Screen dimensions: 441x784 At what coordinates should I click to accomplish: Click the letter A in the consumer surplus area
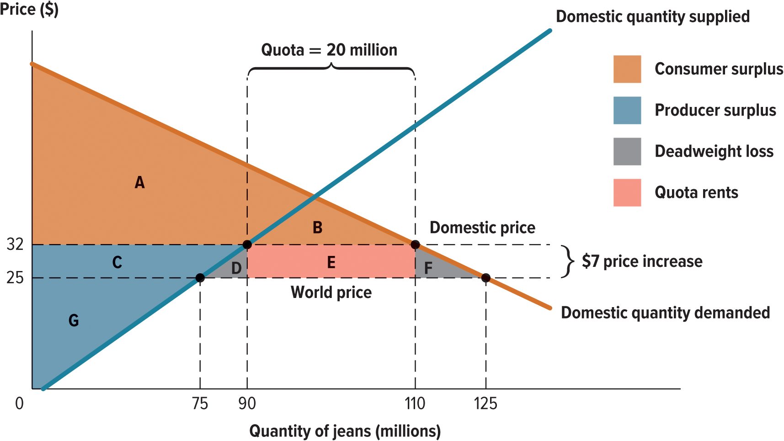point(140,183)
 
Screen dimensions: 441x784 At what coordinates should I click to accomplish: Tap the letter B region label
point(317,228)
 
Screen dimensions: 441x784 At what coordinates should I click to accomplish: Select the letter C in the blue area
point(117,262)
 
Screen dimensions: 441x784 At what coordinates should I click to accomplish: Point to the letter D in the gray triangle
point(236,268)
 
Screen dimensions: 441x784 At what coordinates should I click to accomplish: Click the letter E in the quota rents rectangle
point(331,262)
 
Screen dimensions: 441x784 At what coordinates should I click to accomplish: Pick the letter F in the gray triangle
point(428,268)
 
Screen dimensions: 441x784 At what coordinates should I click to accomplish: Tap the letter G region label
point(74,320)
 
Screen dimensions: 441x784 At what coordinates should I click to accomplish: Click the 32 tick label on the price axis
point(15,244)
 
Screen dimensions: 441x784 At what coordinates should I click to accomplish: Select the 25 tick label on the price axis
point(15,278)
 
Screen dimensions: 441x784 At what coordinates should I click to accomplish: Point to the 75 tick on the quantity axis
point(200,404)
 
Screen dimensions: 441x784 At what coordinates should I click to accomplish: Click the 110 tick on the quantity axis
point(415,404)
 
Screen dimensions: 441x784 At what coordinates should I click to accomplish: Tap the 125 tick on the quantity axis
point(485,404)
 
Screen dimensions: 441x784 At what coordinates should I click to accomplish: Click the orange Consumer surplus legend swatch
point(627,69)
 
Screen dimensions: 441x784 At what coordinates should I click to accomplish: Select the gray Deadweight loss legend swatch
point(627,152)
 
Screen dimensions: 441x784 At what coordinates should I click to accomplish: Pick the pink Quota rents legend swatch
point(627,193)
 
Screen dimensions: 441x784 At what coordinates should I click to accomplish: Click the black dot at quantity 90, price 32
point(247,244)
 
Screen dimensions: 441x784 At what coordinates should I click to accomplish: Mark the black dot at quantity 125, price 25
point(486,278)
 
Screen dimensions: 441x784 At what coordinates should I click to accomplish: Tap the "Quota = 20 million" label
point(329,50)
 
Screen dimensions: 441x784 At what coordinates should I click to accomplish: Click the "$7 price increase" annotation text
point(642,261)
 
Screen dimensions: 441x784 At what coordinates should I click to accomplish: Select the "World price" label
point(331,292)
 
